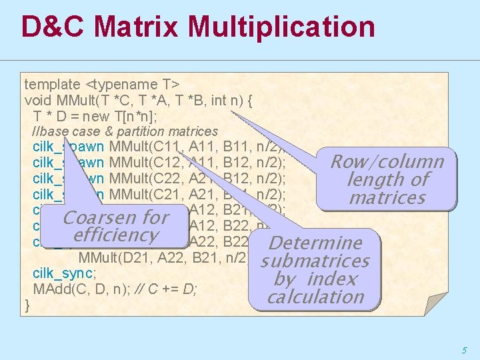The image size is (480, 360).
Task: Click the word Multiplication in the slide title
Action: [281, 27]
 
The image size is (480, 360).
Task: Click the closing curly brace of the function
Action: [27, 305]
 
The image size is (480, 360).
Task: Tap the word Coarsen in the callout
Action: [99, 218]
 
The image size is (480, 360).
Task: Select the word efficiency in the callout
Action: [115, 235]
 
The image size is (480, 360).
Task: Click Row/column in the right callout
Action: [387, 162]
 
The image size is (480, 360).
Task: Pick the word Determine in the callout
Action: [315, 243]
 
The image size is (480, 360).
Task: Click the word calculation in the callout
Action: [315, 297]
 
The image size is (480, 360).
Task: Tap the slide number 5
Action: [464, 349]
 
